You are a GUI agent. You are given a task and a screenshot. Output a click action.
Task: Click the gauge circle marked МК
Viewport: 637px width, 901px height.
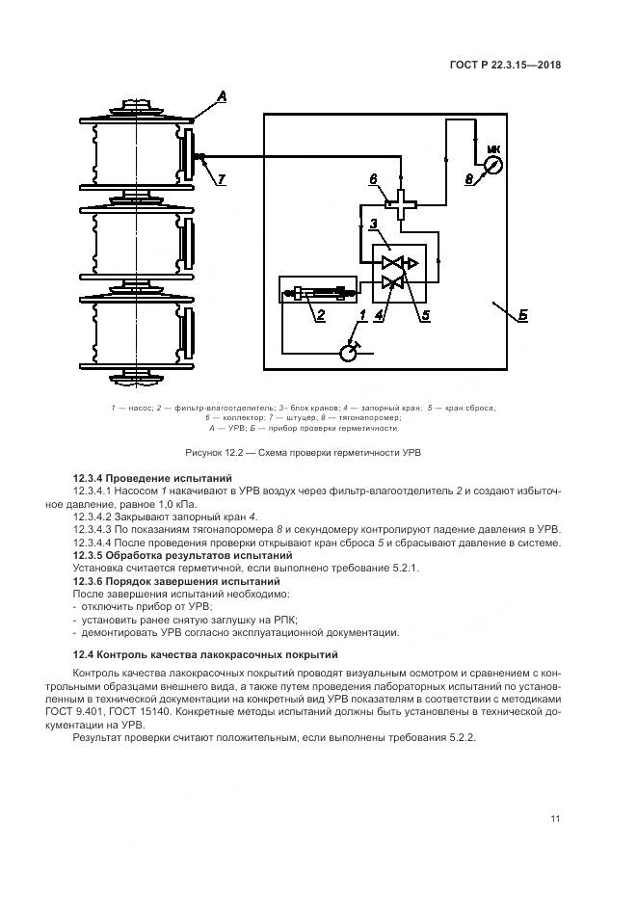point(492,165)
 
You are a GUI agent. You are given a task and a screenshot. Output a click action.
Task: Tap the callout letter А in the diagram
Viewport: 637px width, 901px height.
point(222,95)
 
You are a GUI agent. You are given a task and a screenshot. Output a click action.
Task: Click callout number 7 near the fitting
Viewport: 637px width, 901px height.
point(221,179)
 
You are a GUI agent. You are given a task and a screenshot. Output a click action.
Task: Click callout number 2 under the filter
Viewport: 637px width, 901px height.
point(320,315)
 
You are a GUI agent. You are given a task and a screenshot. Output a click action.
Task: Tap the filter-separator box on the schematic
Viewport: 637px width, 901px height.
point(318,289)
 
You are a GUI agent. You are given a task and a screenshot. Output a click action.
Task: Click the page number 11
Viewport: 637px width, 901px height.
point(555,819)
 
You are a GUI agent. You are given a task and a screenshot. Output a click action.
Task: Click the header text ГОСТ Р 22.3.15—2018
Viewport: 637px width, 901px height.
point(505,66)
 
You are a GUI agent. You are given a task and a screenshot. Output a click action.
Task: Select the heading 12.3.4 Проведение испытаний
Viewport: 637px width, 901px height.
point(152,478)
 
